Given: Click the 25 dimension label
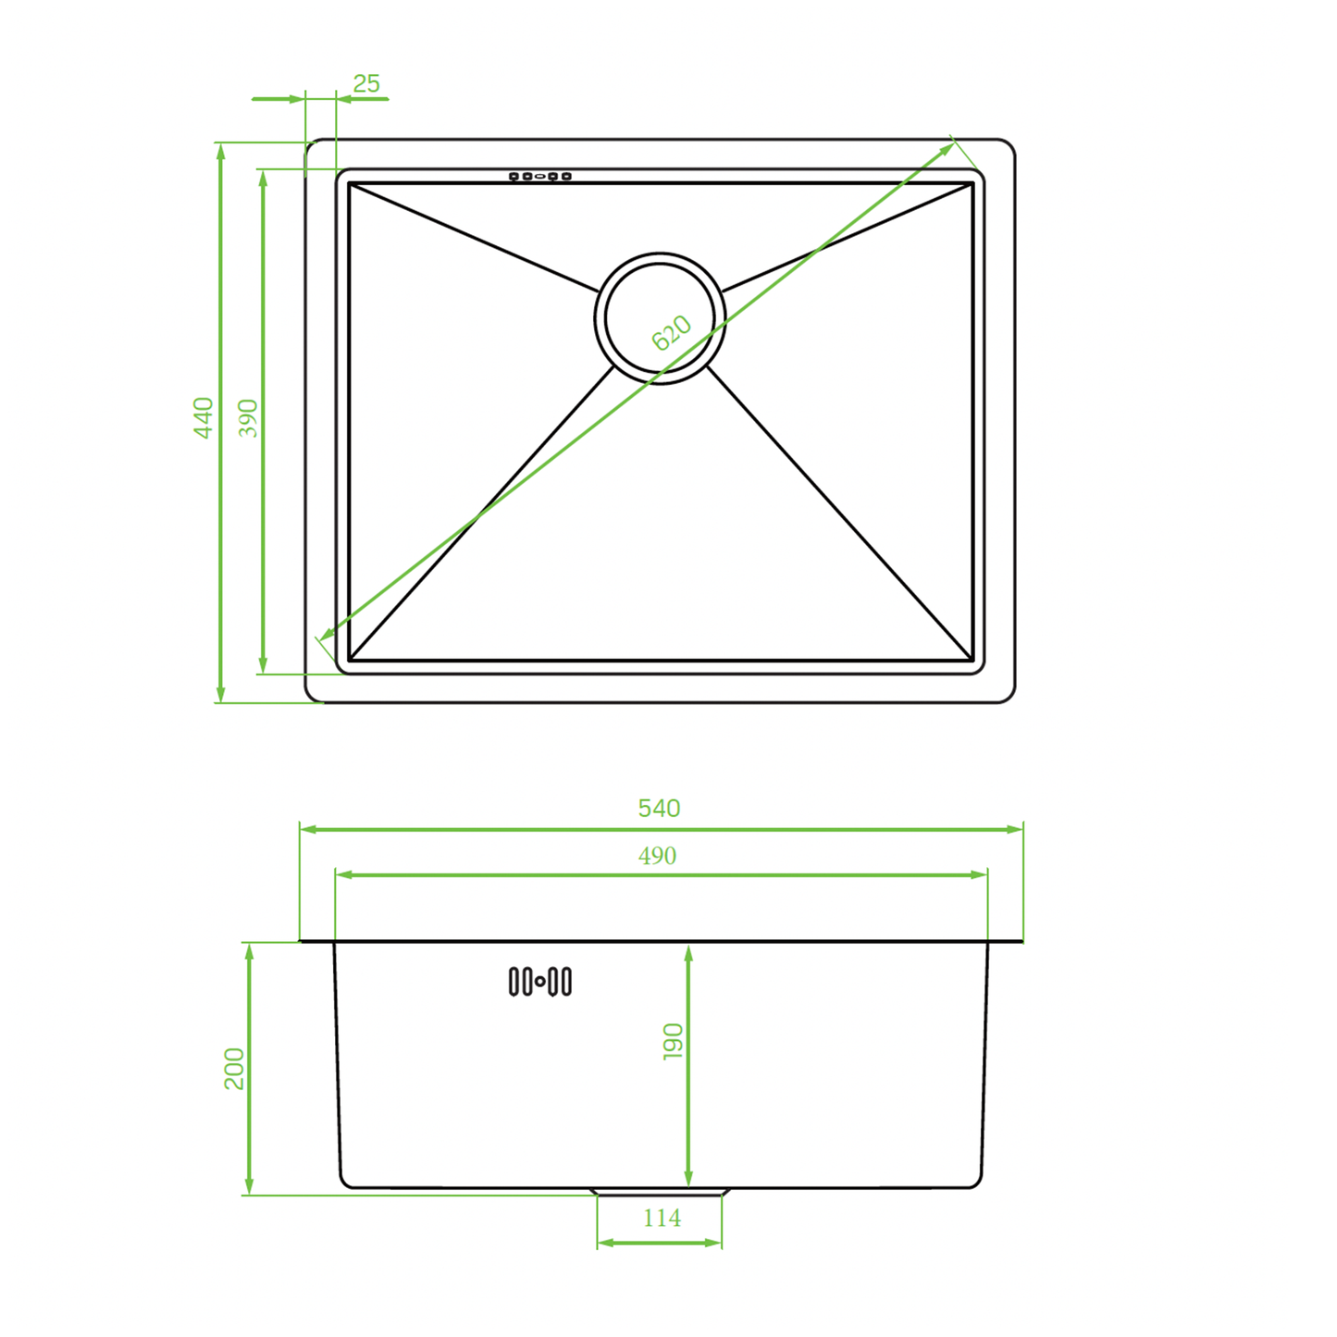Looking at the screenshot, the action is click(x=366, y=84).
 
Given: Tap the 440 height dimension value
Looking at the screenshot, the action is click(x=203, y=417).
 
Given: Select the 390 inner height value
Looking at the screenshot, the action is click(x=248, y=417).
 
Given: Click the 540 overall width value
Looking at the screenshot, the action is click(x=659, y=809).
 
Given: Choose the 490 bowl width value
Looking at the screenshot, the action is click(x=657, y=856).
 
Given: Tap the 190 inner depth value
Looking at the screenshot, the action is click(x=673, y=1042).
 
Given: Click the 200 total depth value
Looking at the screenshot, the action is click(x=234, y=1069).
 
